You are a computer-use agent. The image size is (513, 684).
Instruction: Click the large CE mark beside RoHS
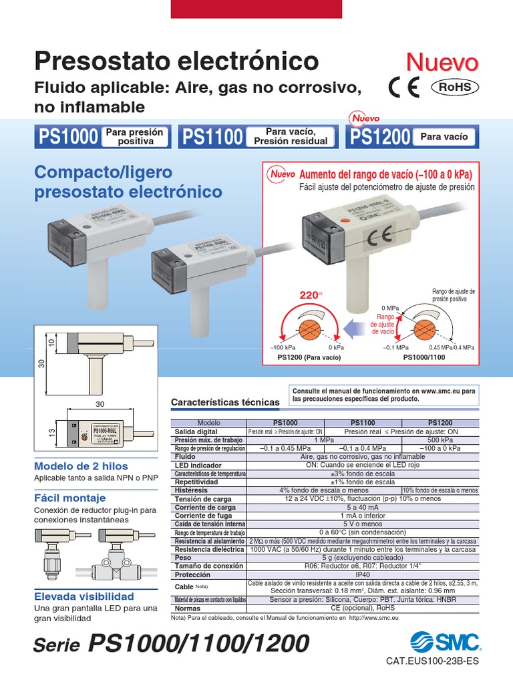tap(405, 88)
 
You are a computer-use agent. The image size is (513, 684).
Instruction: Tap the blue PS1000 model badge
tap(68, 137)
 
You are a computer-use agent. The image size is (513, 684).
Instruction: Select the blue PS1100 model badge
tap(212, 137)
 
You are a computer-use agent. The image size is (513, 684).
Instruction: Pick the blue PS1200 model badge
tap(379, 137)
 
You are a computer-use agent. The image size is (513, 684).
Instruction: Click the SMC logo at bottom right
tap(445, 643)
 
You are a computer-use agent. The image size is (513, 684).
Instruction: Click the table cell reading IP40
tap(363, 574)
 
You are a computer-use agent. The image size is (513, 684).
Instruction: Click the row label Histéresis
tap(193, 490)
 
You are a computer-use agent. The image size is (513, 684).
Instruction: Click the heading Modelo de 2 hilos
tap(81, 466)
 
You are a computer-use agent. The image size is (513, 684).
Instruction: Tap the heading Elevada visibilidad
tap(83, 596)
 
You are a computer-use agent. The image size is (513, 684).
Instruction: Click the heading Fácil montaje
tap(69, 498)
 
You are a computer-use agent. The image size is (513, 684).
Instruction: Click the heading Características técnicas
tap(225, 403)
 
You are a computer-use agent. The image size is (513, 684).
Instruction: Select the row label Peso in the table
tap(182, 558)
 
